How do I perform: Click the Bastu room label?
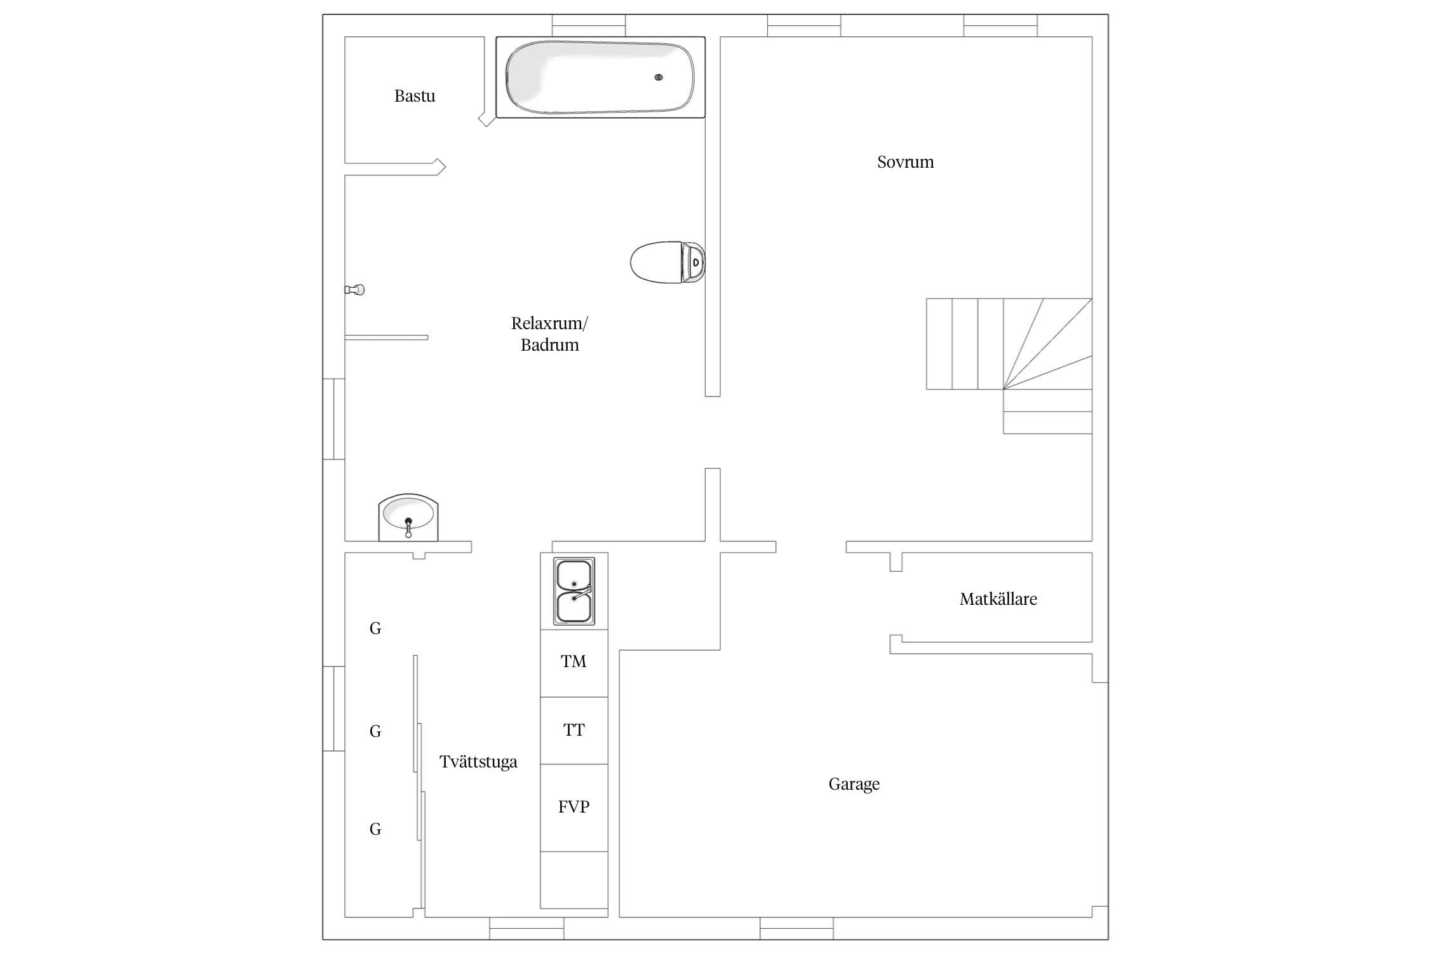pos(415,96)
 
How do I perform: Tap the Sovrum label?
pos(905,162)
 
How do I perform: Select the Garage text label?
pos(854,784)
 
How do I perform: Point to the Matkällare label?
pos(998,599)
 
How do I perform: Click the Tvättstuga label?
pos(478,762)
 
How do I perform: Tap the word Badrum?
pos(550,345)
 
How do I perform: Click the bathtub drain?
pos(659,78)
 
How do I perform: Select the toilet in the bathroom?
pos(668,262)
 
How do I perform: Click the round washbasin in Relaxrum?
pos(408,518)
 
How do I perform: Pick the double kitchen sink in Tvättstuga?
pos(574,591)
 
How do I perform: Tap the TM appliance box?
pos(574,663)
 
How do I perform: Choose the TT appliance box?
pos(574,731)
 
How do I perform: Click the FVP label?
pos(574,807)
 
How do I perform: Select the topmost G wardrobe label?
pos(375,628)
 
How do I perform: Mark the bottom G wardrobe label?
pos(375,829)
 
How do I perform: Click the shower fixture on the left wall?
pos(354,290)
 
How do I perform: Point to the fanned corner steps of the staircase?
pos(1048,344)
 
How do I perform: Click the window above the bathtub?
pos(589,25)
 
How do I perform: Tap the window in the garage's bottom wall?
pos(796,928)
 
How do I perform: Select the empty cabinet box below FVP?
pos(574,880)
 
